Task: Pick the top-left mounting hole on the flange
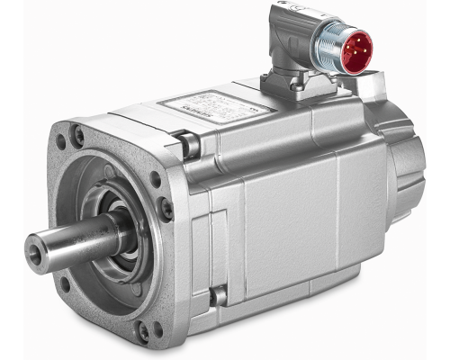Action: point(63,141)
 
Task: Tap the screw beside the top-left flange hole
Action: point(79,136)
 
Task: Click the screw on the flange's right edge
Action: point(166,209)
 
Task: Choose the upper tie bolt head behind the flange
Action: point(187,142)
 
